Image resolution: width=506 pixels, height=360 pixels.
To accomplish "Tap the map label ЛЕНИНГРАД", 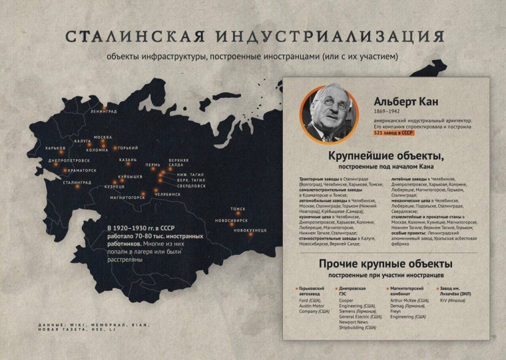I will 104,111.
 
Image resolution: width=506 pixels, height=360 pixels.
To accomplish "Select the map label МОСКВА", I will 102,137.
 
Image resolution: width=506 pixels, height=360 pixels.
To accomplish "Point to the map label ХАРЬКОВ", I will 51,148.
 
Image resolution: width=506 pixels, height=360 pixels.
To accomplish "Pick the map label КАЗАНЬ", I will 128,160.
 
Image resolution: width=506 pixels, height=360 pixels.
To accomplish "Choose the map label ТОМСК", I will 238,208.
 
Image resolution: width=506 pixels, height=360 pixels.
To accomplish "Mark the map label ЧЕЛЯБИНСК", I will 167,194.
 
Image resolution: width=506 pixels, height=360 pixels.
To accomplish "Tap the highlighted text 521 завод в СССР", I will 393,132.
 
